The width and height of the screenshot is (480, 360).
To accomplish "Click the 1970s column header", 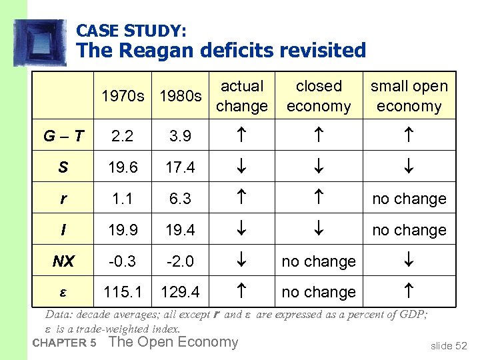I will (x=123, y=96).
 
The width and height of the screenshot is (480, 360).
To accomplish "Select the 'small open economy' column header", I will (x=409, y=96).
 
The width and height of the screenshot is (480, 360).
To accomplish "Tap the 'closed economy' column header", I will (x=319, y=96).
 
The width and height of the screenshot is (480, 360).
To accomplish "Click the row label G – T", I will (x=63, y=136).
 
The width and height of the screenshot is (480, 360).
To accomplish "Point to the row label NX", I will (x=63, y=261).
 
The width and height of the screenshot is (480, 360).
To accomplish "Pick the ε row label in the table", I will (x=63, y=292).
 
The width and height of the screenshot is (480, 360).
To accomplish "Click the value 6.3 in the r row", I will (x=180, y=199).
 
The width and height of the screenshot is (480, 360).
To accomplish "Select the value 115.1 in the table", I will (x=123, y=292).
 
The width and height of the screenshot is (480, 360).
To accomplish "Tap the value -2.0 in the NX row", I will (x=180, y=261).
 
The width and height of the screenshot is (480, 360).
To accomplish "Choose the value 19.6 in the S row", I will (x=123, y=167).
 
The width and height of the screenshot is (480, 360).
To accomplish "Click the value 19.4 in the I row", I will (x=180, y=230).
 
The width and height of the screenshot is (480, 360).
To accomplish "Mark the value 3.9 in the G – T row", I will (x=180, y=136).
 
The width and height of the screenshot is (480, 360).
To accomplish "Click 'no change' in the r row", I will (x=409, y=199).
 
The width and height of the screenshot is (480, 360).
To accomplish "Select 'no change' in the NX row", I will (x=319, y=261).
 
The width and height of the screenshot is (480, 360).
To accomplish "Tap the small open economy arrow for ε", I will (x=409, y=292).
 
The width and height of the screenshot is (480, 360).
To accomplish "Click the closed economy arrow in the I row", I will (x=319, y=230).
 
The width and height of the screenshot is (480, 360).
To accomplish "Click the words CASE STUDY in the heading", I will (x=131, y=31).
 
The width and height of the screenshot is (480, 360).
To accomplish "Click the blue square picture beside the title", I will (x=40, y=43).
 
